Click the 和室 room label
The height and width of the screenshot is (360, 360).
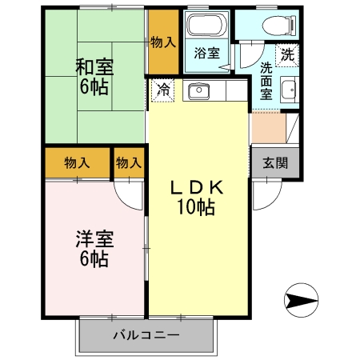(x=94, y=66)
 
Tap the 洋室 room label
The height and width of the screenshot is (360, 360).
(x=94, y=238)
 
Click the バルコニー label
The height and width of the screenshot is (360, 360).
(x=146, y=334)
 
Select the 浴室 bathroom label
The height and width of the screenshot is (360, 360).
(x=208, y=54)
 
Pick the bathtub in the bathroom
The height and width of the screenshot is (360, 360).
(x=208, y=26)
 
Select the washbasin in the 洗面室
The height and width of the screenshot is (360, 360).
(x=289, y=90)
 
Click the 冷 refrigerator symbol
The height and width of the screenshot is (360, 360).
(x=162, y=90)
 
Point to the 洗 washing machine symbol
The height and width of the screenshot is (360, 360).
(x=286, y=55)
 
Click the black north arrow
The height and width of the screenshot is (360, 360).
(x=300, y=301)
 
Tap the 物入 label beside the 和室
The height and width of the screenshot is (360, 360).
(x=163, y=42)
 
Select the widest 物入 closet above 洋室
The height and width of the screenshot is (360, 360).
(x=76, y=163)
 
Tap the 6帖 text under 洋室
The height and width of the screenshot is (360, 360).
(x=94, y=258)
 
